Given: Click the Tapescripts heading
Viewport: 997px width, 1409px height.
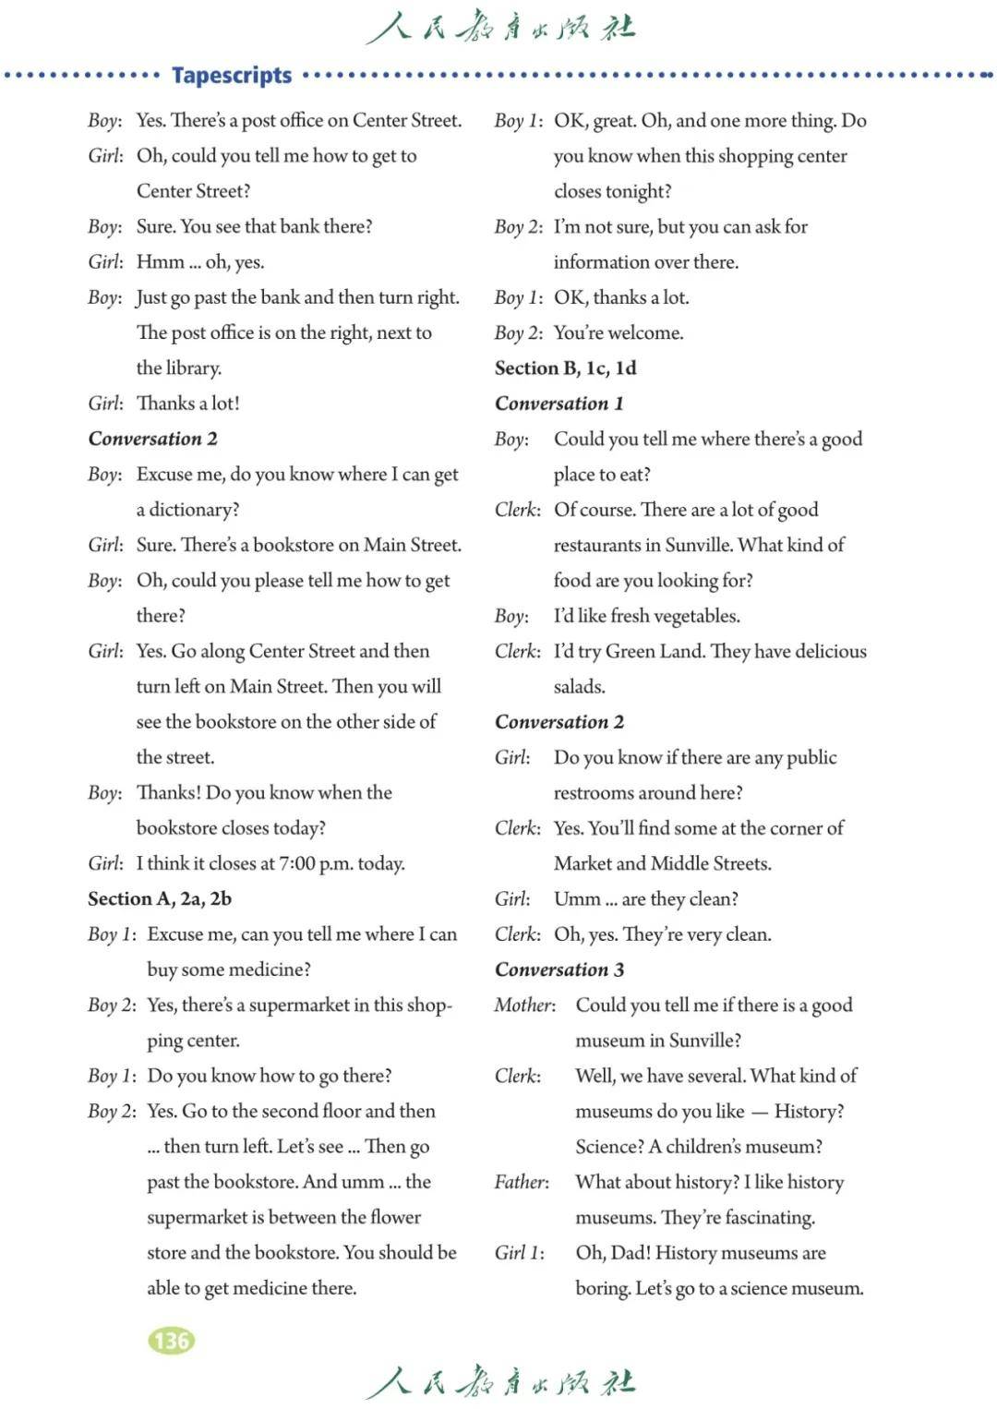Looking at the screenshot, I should [x=232, y=75].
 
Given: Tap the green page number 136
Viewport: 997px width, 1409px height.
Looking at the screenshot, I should [x=171, y=1340].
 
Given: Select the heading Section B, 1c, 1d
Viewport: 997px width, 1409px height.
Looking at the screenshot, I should [x=565, y=367].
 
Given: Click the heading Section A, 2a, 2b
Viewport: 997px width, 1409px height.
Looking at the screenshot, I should [x=160, y=898].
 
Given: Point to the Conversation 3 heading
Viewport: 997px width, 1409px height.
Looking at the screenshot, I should [x=559, y=969].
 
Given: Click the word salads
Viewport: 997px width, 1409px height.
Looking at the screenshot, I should [x=579, y=687].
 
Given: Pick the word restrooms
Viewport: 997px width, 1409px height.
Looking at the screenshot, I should [x=597, y=793].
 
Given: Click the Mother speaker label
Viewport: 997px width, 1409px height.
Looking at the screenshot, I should [x=524, y=1005].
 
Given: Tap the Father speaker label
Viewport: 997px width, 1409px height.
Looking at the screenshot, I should [x=522, y=1182].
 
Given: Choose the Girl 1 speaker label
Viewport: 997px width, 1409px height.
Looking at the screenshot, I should [x=519, y=1253].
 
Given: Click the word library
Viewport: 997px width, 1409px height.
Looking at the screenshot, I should [x=192, y=367].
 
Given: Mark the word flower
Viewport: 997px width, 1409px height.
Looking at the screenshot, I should [x=395, y=1218].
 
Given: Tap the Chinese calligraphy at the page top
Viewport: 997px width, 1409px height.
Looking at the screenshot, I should [x=499, y=28].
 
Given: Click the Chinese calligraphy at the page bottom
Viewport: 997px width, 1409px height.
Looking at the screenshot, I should [x=499, y=1382].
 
